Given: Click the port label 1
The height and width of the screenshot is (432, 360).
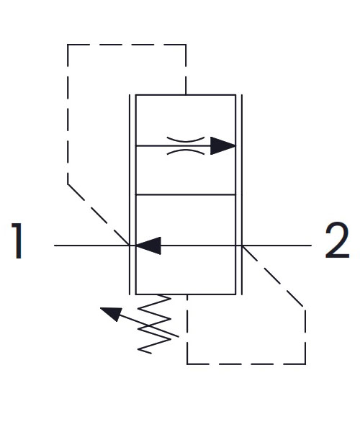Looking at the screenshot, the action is [x=17, y=240].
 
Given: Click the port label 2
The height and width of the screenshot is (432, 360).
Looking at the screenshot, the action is [x=337, y=240].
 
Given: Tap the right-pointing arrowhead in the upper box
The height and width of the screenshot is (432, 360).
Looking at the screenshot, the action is [x=222, y=145].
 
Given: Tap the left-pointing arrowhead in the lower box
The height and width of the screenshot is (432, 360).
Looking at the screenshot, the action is [x=148, y=246].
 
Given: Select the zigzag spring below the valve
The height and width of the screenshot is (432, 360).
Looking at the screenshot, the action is [x=154, y=324].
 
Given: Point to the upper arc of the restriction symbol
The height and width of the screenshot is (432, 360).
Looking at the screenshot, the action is [x=186, y=140].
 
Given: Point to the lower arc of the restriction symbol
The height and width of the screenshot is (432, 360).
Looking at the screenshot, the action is [x=186, y=152].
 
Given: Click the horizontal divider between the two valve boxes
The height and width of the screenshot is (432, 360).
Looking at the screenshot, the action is [x=186, y=195].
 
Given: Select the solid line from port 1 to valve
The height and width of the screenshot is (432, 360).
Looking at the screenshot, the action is [x=91, y=246].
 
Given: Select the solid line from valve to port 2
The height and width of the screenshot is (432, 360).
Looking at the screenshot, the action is [x=276, y=246].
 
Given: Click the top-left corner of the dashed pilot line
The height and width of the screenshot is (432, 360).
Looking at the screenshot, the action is [x=68, y=45].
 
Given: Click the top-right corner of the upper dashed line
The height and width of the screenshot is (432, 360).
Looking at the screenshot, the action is [x=186, y=45].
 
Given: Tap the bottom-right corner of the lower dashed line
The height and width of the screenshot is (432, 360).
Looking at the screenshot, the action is [x=305, y=364].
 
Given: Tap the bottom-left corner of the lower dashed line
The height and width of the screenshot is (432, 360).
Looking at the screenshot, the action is [x=187, y=364].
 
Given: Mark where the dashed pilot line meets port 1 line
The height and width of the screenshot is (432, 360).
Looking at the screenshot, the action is [x=130, y=245].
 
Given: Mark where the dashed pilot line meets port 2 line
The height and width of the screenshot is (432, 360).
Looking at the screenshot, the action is [x=242, y=246].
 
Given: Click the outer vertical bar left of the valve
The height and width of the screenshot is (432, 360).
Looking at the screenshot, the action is [x=130, y=194].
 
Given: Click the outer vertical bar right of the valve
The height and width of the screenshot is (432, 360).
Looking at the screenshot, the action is [x=242, y=194].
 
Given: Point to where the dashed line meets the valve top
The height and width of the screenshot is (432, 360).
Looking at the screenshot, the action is [x=186, y=95].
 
